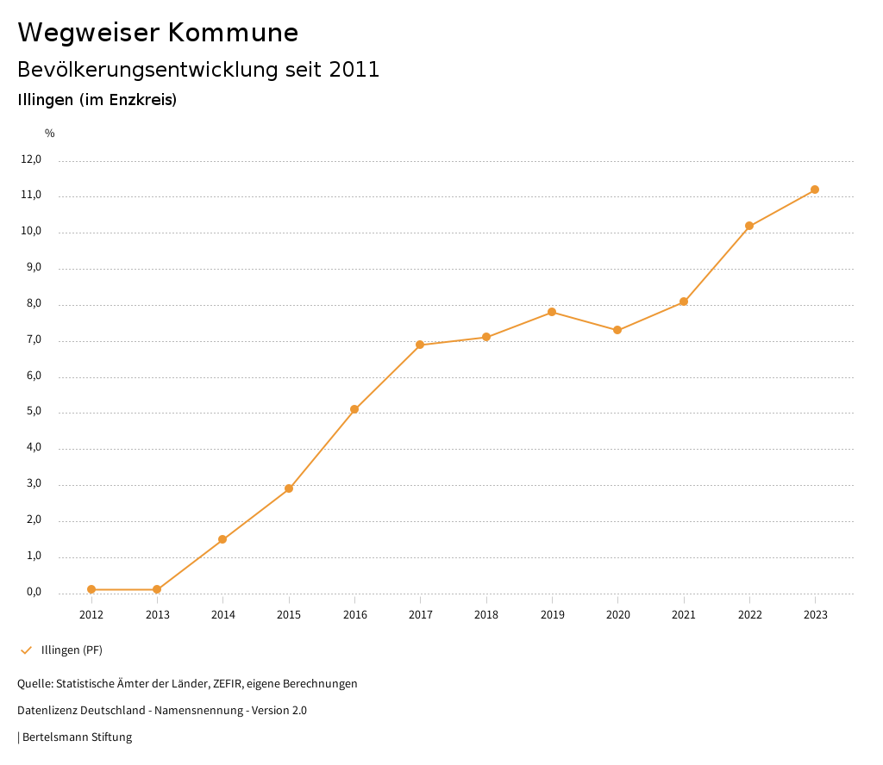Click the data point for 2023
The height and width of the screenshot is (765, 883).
(x=815, y=190)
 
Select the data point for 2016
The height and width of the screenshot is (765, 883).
(x=354, y=409)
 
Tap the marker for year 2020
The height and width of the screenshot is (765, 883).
(x=617, y=330)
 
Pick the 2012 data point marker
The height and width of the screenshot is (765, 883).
(x=91, y=589)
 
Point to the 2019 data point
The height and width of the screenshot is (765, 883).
(x=552, y=312)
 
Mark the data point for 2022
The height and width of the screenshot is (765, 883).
(x=749, y=226)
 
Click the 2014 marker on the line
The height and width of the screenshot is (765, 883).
(x=222, y=539)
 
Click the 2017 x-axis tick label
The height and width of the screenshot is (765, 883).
(x=421, y=615)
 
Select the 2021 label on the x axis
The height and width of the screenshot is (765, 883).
(x=684, y=615)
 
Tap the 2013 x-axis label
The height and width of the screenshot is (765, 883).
(x=157, y=615)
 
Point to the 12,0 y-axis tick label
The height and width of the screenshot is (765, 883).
(x=31, y=159)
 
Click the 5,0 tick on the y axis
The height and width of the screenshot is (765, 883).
(x=33, y=412)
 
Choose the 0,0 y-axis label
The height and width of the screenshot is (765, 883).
(x=33, y=592)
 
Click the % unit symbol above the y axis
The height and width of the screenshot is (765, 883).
(x=50, y=134)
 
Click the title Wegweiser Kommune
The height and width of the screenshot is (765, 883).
(x=158, y=33)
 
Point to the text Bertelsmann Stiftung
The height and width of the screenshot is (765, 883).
(x=77, y=737)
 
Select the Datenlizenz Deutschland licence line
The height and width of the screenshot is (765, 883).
(x=162, y=711)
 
